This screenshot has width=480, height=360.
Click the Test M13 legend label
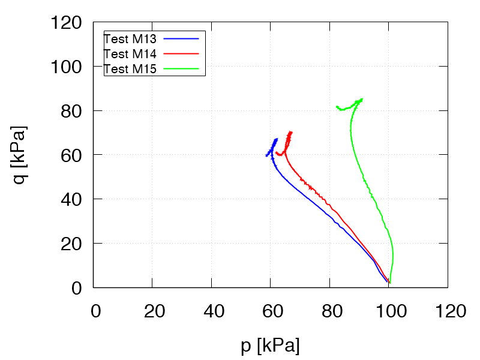[130, 40]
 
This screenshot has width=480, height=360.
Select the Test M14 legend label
[130, 54]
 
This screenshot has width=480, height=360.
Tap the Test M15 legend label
[130, 69]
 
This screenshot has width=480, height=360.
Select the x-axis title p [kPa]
[270, 346]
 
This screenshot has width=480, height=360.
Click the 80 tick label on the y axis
[70, 111]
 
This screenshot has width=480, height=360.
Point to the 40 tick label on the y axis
[70, 199]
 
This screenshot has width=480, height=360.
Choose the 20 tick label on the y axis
[70, 244]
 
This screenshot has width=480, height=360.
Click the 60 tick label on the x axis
[270, 311]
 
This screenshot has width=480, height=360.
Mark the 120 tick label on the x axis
[448, 311]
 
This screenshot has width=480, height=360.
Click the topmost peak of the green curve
[361, 99]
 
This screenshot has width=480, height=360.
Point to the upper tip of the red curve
[291, 132]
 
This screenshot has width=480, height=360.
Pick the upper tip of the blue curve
[276, 139]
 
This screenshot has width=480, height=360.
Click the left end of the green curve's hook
[337, 107]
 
